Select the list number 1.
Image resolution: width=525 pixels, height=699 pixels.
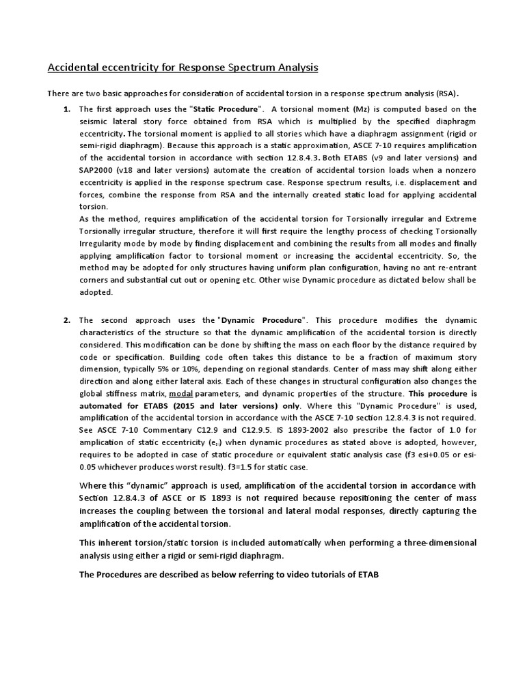pos(67,109)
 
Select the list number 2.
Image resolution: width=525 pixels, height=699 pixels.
pos(67,320)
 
